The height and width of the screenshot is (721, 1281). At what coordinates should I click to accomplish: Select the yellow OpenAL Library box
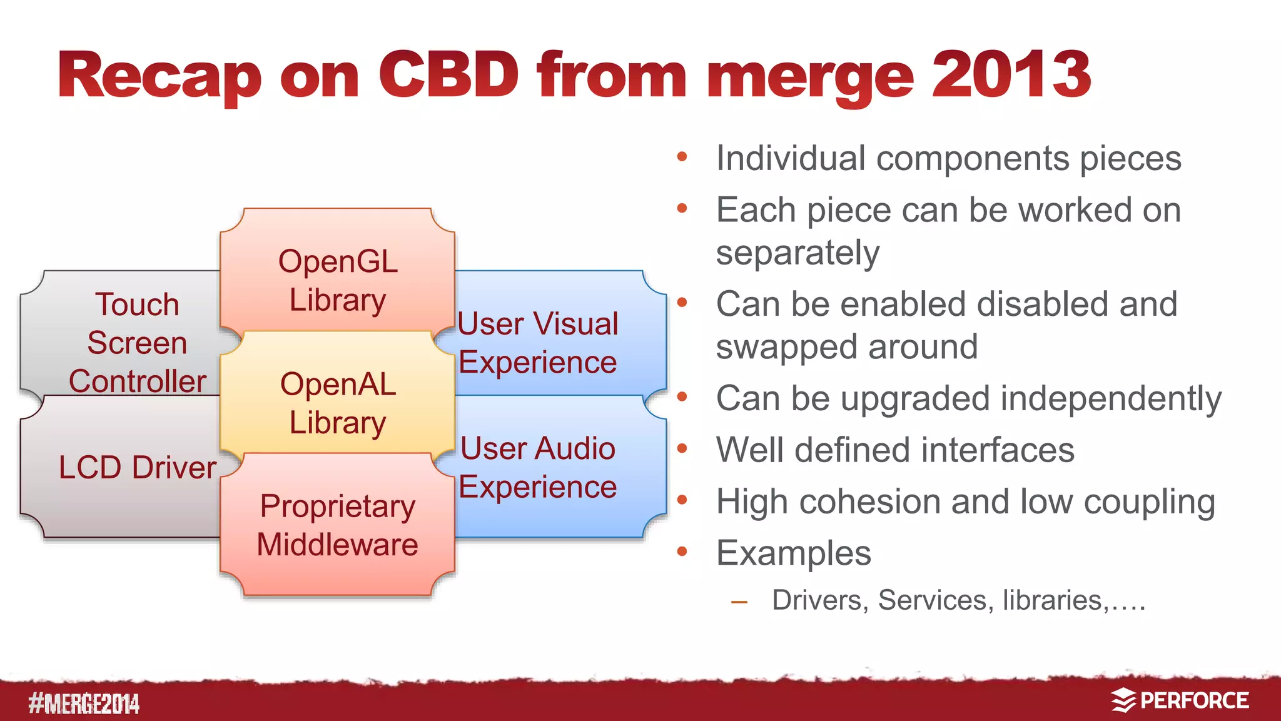(x=337, y=400)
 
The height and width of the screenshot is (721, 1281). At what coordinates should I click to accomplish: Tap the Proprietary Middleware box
(x=337, y=525)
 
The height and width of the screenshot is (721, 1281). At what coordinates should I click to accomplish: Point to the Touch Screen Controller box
(x=131, y=341)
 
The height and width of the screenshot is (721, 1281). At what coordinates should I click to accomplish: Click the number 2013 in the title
(x=1011, y=75)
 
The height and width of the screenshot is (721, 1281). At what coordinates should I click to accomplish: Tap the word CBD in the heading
(x=448, y=75)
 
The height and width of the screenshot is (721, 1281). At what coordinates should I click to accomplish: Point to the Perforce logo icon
(x=1124, y=700)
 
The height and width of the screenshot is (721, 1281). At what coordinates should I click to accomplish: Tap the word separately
(x=797, y=253)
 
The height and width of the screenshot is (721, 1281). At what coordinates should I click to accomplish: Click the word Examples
(x=793, y=553)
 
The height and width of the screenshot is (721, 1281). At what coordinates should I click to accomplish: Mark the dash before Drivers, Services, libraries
(x=739, y=602)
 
